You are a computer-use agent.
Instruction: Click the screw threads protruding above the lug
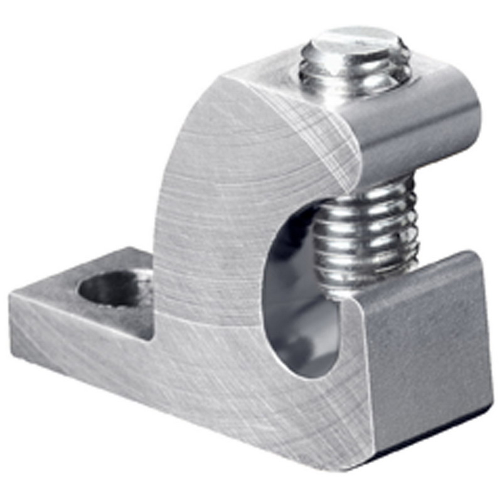355,69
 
